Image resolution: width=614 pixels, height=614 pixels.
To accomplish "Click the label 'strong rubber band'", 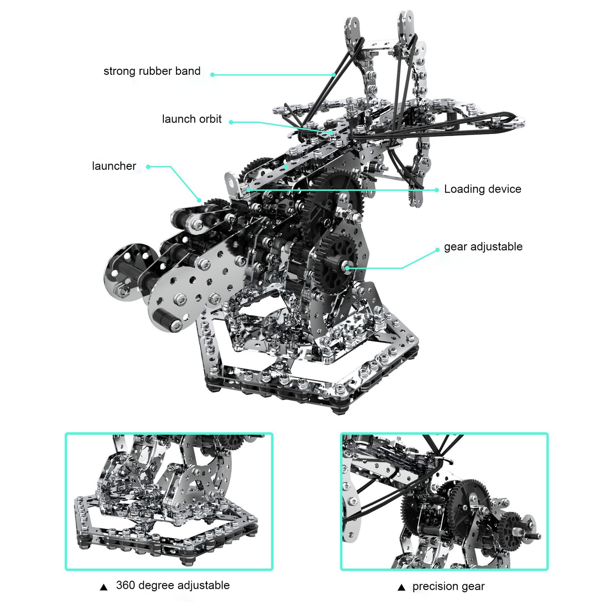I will pos(152,71).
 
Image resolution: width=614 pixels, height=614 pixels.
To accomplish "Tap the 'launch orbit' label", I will pos(192,119).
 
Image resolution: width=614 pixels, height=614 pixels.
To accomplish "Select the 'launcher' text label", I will pos(114,166).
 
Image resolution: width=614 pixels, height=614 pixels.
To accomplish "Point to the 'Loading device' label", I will pos(483,189).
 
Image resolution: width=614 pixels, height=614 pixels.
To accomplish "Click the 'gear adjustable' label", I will pos(483,247).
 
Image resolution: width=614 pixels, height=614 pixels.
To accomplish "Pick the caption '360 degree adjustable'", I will pos(172,586).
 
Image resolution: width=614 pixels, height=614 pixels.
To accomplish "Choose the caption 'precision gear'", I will pos(448,587).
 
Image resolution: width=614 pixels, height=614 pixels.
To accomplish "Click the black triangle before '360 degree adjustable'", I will pos(104,587).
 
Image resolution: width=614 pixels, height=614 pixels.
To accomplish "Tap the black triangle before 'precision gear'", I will pos(402,588).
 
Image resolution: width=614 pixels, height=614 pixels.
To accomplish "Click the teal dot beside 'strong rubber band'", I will pos(212,74).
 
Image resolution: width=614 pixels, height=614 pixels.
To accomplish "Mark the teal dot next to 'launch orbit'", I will pos(231,122).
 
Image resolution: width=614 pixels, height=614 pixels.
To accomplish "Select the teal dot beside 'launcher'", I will pos(148,166).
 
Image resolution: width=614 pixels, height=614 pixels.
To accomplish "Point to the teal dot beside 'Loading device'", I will pos(436,190).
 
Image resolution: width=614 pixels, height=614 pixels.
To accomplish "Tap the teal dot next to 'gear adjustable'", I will pos(437,250).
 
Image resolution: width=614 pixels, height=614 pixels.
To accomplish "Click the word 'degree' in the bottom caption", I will pos(156,586).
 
